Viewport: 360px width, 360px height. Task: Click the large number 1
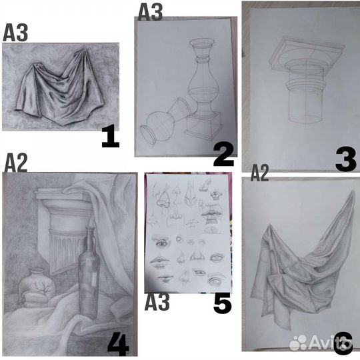(x=111, y=137)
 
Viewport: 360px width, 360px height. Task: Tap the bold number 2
(x=223, y=155)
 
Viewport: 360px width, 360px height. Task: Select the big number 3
(x=345, y=159)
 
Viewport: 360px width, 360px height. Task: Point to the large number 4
(x=117, y=345)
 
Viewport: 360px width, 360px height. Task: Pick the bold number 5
(x=223, y=303)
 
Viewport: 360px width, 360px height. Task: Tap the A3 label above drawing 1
(x=15, y=33)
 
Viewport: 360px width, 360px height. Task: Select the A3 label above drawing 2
(x=150, y=12)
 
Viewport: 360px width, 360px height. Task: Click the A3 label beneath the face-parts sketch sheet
(x=157, y=302)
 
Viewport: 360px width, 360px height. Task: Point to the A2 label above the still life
(x=15, y=163)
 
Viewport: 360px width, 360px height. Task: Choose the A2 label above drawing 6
(x=259, y=173)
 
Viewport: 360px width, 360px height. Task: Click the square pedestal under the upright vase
(x=204, y=125)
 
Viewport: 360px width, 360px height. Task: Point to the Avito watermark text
(x=330, y=342)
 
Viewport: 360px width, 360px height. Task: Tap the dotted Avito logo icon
(x=298, y=342)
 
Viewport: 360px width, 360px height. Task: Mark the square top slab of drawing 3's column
(x=307, y=53)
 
